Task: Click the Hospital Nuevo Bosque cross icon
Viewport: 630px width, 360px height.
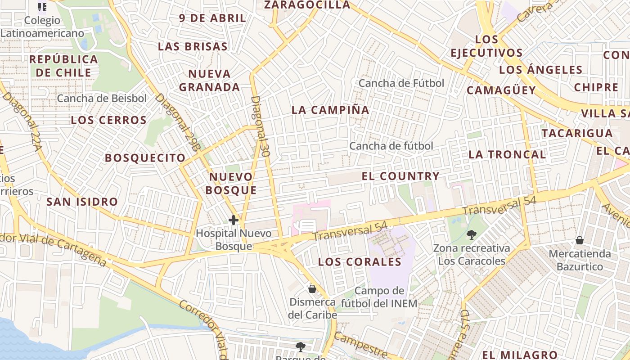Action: [x=233, y=220]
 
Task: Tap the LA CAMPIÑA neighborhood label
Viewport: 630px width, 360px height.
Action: [x=330, y=110]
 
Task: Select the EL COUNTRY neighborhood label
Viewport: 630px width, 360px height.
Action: [x=400, y=176]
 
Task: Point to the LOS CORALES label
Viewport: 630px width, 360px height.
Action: [x=360, y=262]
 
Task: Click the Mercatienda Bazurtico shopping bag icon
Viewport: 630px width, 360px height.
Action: [x=580, y=240]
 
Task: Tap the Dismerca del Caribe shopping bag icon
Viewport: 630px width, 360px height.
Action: [x=312, y=288]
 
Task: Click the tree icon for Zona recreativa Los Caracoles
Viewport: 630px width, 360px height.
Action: [x=472, y=234]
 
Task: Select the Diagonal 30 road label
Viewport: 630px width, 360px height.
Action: [x=261, y=126]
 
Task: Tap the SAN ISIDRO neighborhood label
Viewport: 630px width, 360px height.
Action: [x=82, y=202]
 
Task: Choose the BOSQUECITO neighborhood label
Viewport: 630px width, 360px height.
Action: [x=145, y=158]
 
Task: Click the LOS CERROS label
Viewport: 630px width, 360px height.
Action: [x=108, y=120]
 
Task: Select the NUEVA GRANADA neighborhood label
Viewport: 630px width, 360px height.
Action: [x=209, y=80]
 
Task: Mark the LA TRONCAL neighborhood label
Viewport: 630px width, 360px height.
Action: [x=507, y=154]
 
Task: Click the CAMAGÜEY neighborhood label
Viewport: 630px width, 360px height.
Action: [x=501, y=90]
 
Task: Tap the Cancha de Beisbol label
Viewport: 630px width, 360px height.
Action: [x=102, y=98]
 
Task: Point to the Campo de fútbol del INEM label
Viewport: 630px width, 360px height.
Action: [x=379, y=297]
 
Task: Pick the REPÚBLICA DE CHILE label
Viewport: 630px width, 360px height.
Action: [x=63, y=66]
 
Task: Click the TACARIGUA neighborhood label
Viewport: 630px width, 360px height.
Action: [x=577, y=133]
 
